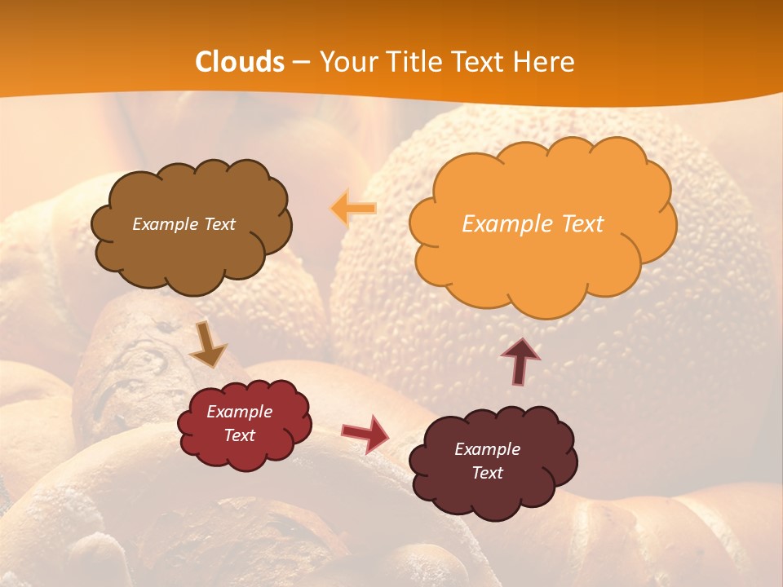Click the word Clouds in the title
click(x=240, y=62)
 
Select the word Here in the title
click(x=545, y=62)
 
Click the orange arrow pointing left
click(x=354, y=209)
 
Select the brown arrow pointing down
click(x=207, y=345)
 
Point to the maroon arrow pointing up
click(x=520, y=361)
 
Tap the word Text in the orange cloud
click(x=582, y=224)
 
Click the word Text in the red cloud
click(x=240, y=435)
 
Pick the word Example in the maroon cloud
click(x=487, y=449)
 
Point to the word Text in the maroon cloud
click(x=487, y=473)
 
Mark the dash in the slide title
click(x=301, y=63)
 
